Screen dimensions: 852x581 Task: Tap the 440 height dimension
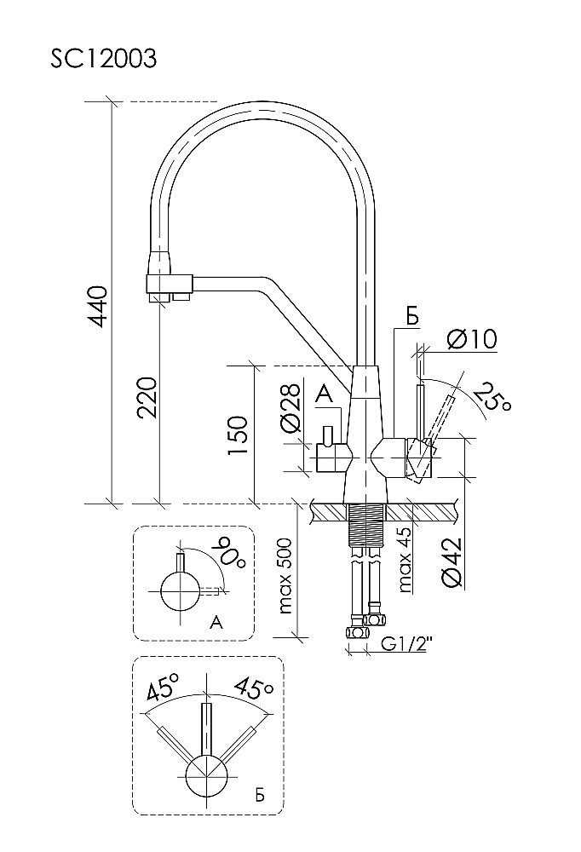(x=100, y=306)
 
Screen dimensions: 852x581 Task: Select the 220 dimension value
(x=147, y=397)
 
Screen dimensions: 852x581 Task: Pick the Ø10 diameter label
(x=471, y=339)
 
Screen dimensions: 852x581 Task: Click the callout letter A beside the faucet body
(x=323, y=394)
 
